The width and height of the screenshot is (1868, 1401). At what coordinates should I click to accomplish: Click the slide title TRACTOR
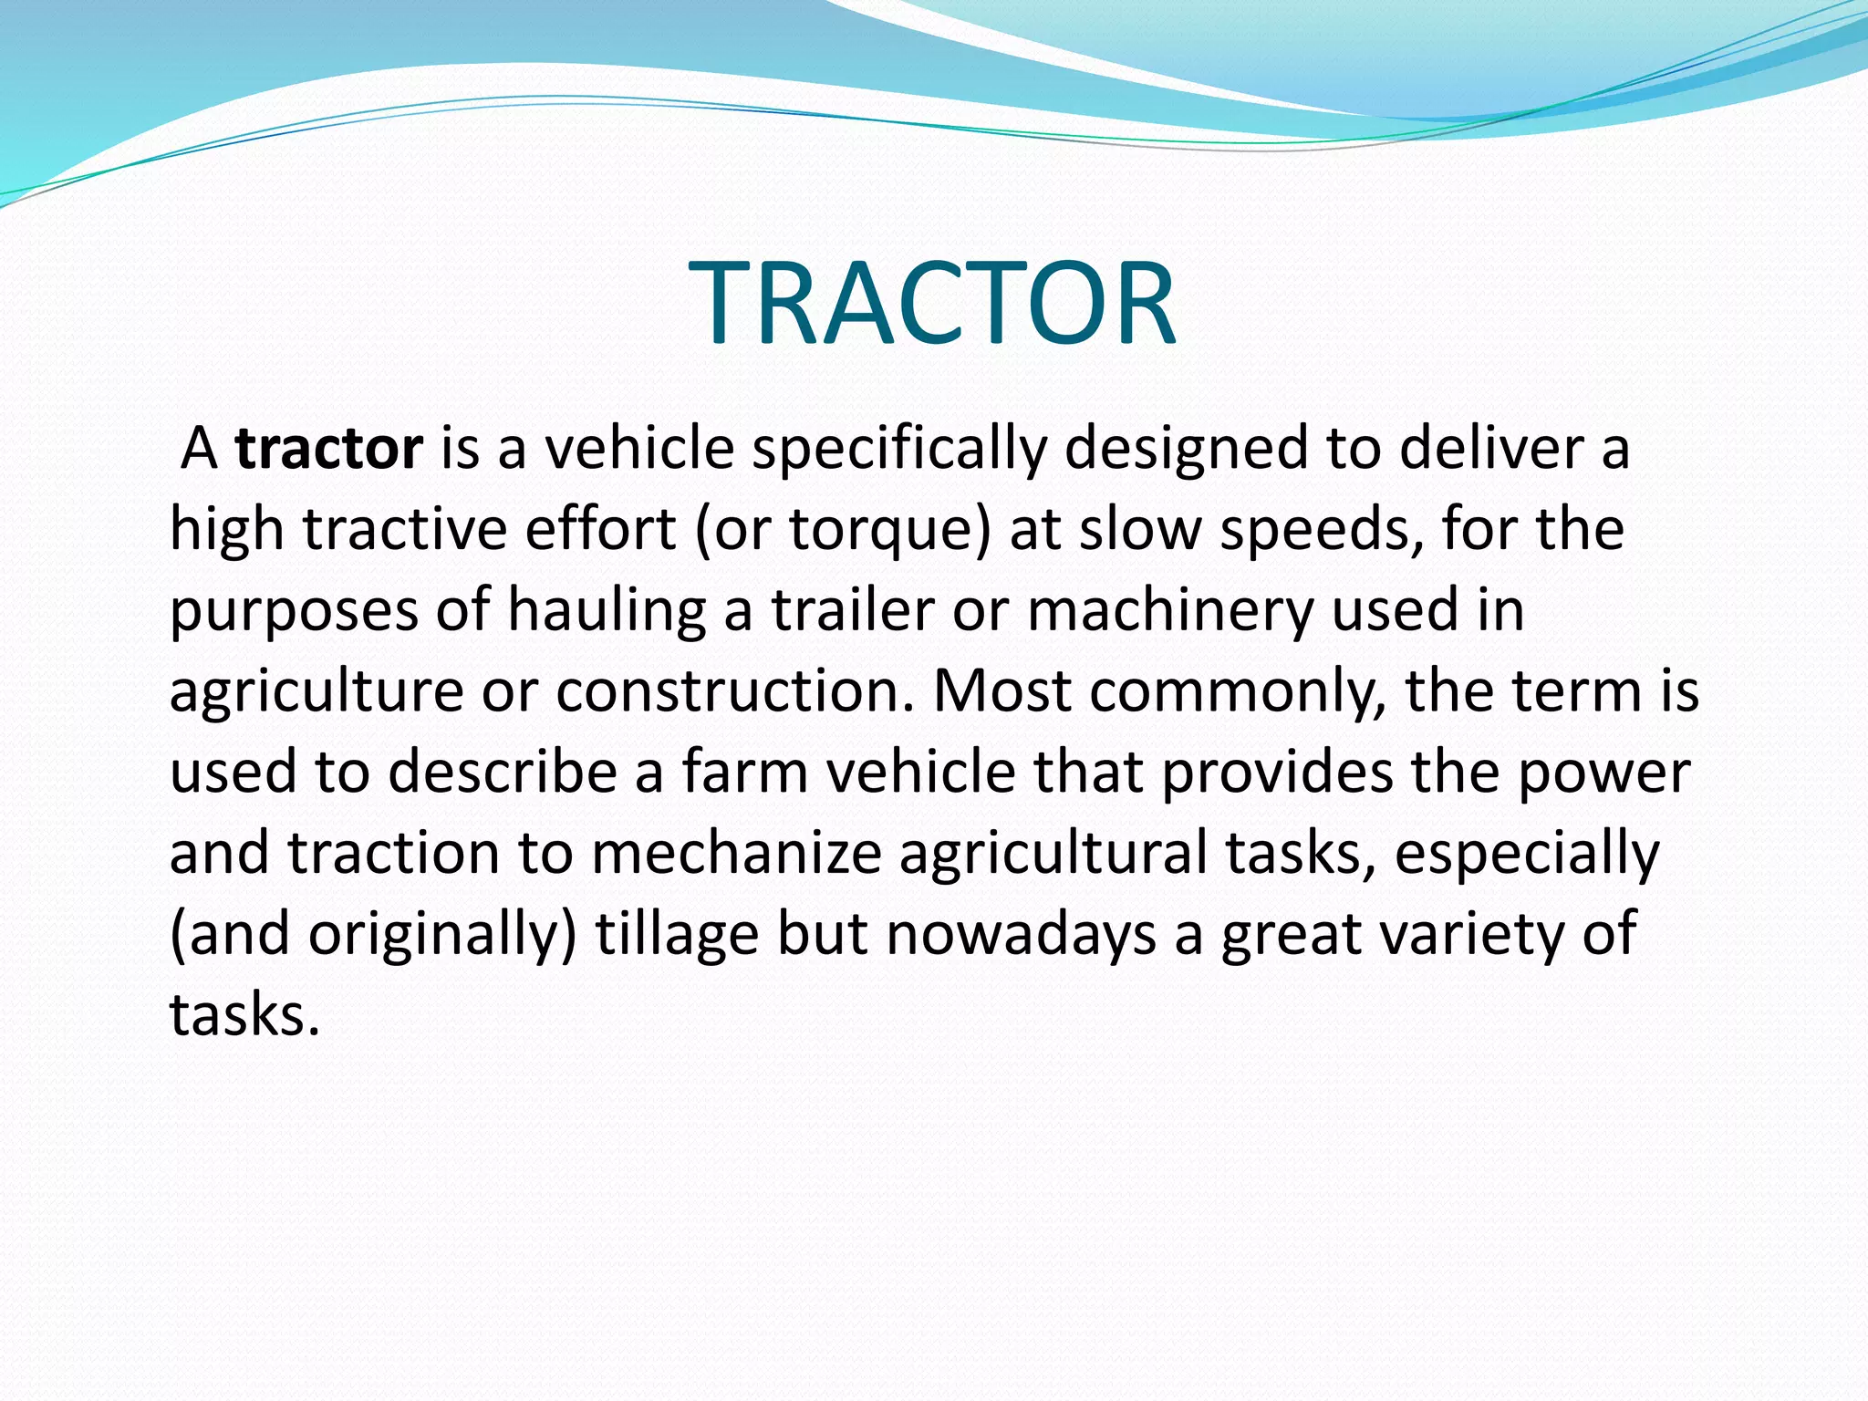coord(932,303)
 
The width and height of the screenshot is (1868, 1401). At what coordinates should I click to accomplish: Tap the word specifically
coord(898,450)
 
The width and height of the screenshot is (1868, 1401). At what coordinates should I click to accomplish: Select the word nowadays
coord(1021,934)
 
